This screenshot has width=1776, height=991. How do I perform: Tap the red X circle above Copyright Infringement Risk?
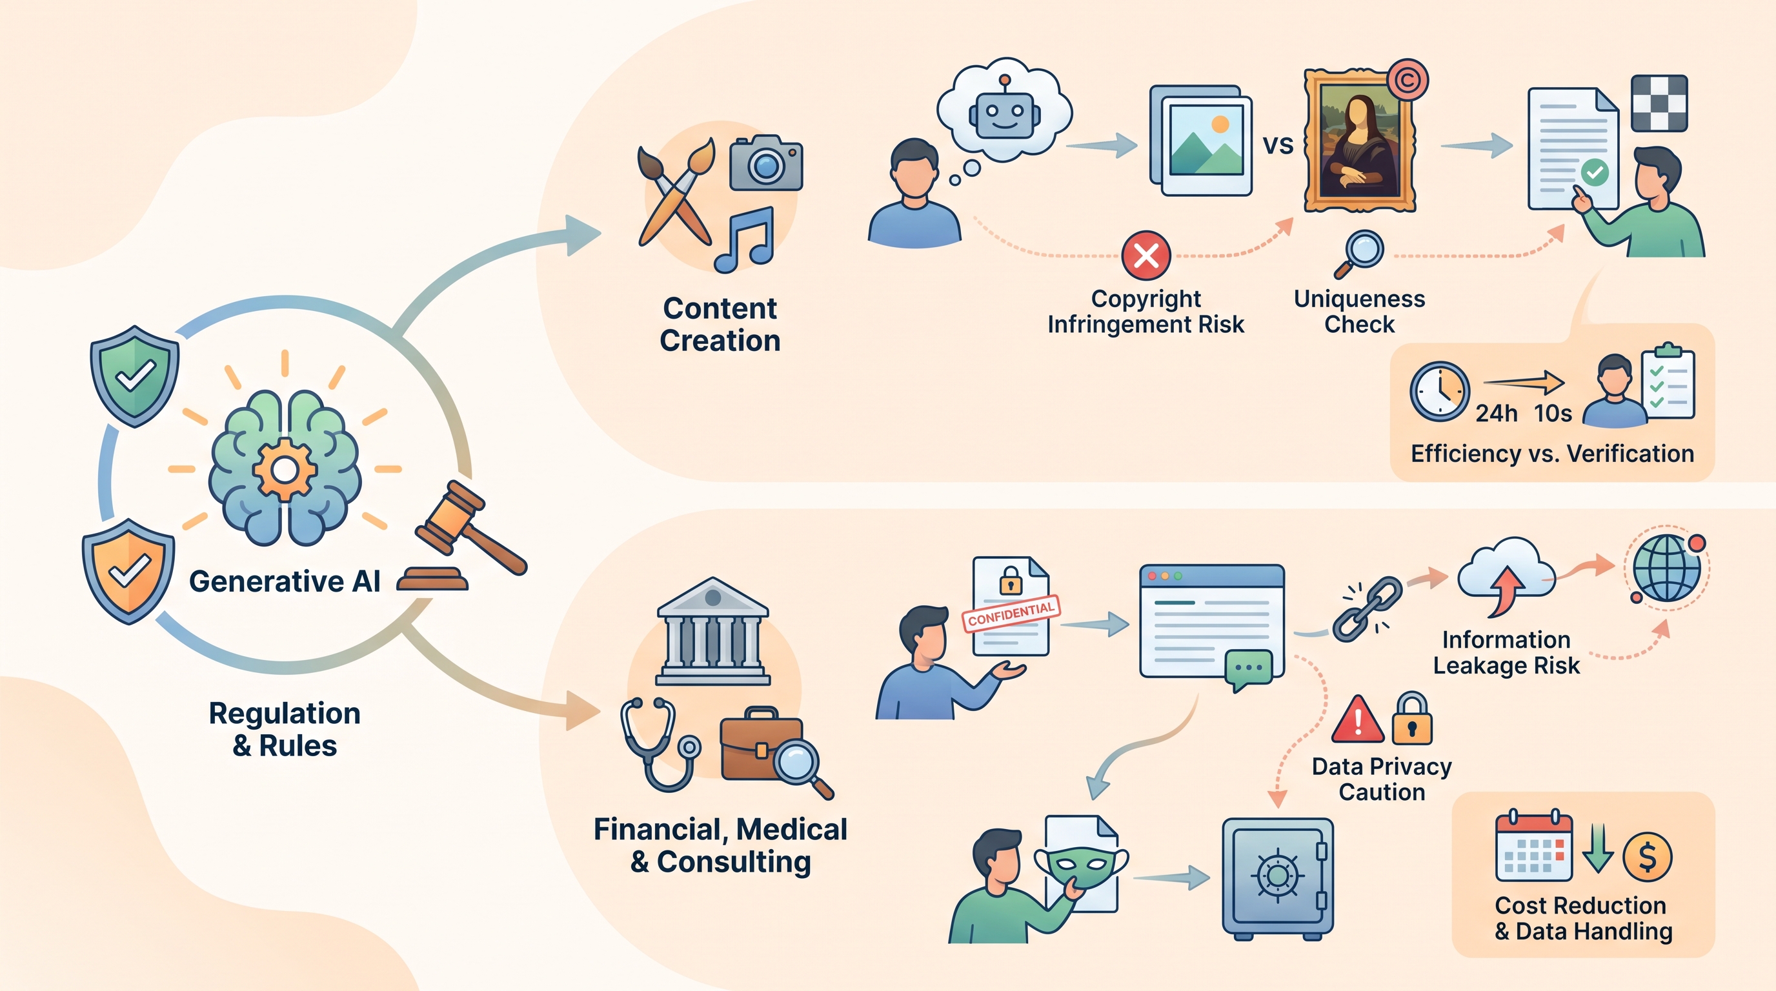1146,255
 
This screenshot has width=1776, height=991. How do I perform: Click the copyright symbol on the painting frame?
1407,80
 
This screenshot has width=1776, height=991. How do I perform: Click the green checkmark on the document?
1594,172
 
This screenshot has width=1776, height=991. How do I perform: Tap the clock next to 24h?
1440,392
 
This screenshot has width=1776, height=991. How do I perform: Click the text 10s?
1553,413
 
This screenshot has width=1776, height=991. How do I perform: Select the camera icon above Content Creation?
766,163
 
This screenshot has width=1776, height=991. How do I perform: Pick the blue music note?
745,240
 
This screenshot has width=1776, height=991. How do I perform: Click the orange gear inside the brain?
284,470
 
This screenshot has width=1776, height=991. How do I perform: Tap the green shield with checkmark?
134,376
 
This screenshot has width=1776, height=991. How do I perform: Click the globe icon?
1666,568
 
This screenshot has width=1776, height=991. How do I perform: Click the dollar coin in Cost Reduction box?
1647,857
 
